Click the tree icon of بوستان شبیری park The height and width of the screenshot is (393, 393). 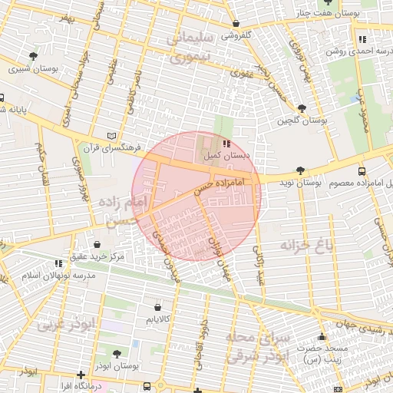click(x=32, y=56)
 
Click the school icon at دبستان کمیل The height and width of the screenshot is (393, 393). click(x=226, y=143)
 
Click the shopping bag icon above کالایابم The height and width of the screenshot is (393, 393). click(x=157, y=306)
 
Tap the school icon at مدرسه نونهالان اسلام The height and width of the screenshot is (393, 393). click(x=59, y=263)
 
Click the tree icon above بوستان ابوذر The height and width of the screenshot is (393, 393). click(x=116, y=354)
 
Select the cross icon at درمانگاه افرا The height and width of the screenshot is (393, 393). click(x=81, y=375)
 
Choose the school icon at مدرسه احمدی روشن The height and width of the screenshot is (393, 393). click(x=362, y=39)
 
